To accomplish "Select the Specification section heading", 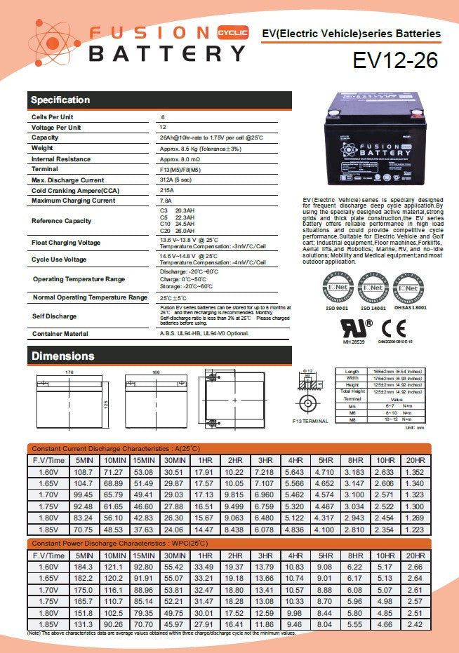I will [x=60, y=100].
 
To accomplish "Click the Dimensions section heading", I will [x=62, y=356].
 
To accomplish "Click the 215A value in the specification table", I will [x=167, y=191].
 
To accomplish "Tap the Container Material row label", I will [x=60, y=334].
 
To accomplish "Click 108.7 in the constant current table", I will [x=83, y=473].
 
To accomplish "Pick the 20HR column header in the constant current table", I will [x=415, y=460].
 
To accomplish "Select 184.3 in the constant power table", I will [x=83, y=567].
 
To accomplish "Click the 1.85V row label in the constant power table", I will [x=48, y=624].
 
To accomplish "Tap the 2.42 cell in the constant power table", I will [x=415, y=624].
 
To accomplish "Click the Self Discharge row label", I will [x=55, y=316].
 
